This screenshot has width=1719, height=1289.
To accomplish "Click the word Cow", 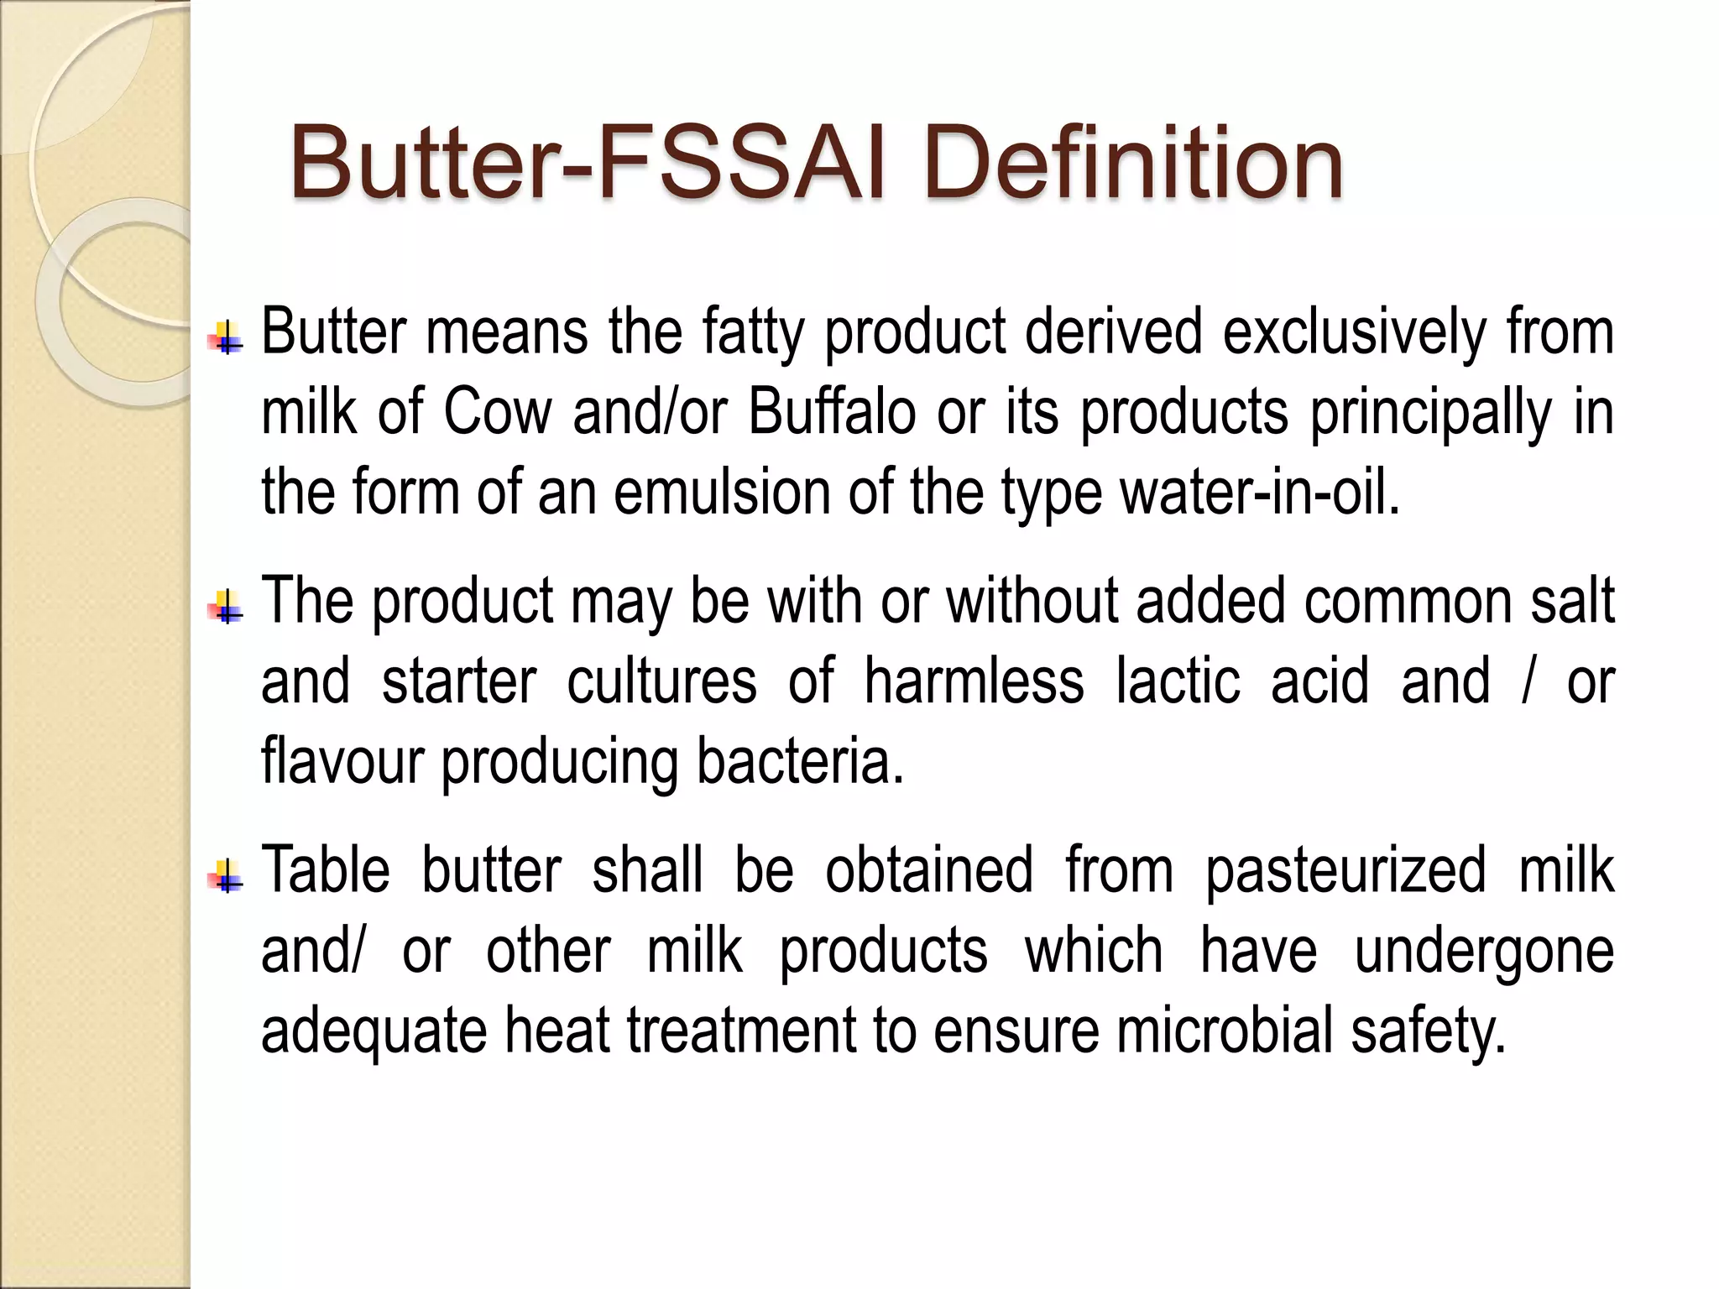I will (x=498, y=413).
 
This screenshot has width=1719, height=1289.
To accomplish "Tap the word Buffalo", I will (x=832, y=413).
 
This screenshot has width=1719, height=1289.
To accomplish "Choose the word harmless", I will (x=974, y=681).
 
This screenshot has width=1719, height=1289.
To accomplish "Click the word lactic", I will (x=1178, y=681).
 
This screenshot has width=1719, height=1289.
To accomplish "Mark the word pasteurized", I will (x=1345, y=871).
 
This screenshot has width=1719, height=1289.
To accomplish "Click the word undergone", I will (x=1484, y=952).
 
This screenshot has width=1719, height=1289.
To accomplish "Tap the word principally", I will (x=1431, y=415).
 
